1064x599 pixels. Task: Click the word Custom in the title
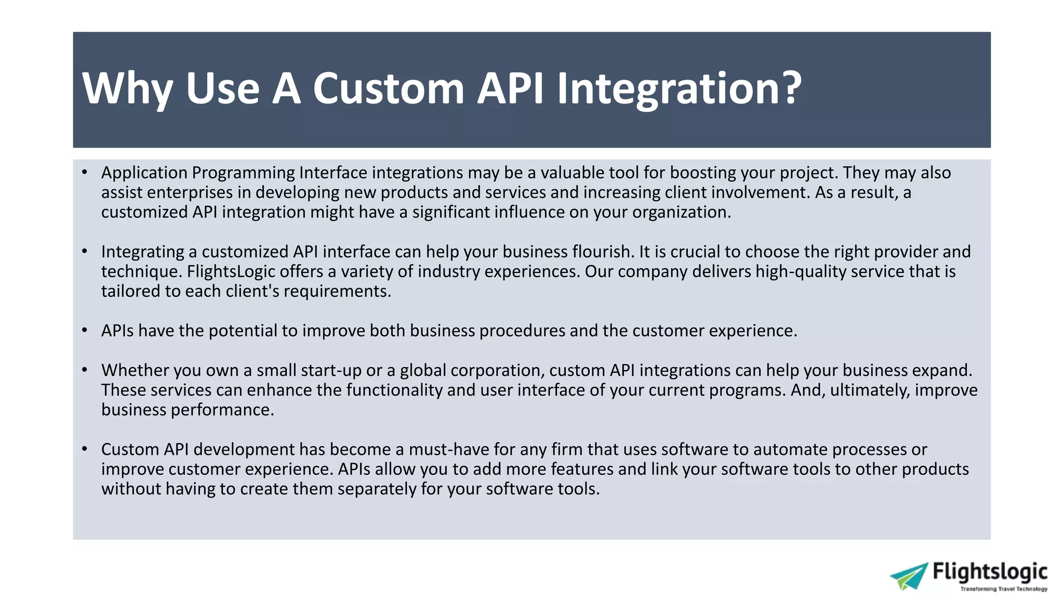click(388, 88)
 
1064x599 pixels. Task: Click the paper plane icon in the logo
click(909, 576)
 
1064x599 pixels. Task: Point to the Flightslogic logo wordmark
click(990, 571)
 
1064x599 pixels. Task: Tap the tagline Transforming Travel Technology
click(1003, 589)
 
